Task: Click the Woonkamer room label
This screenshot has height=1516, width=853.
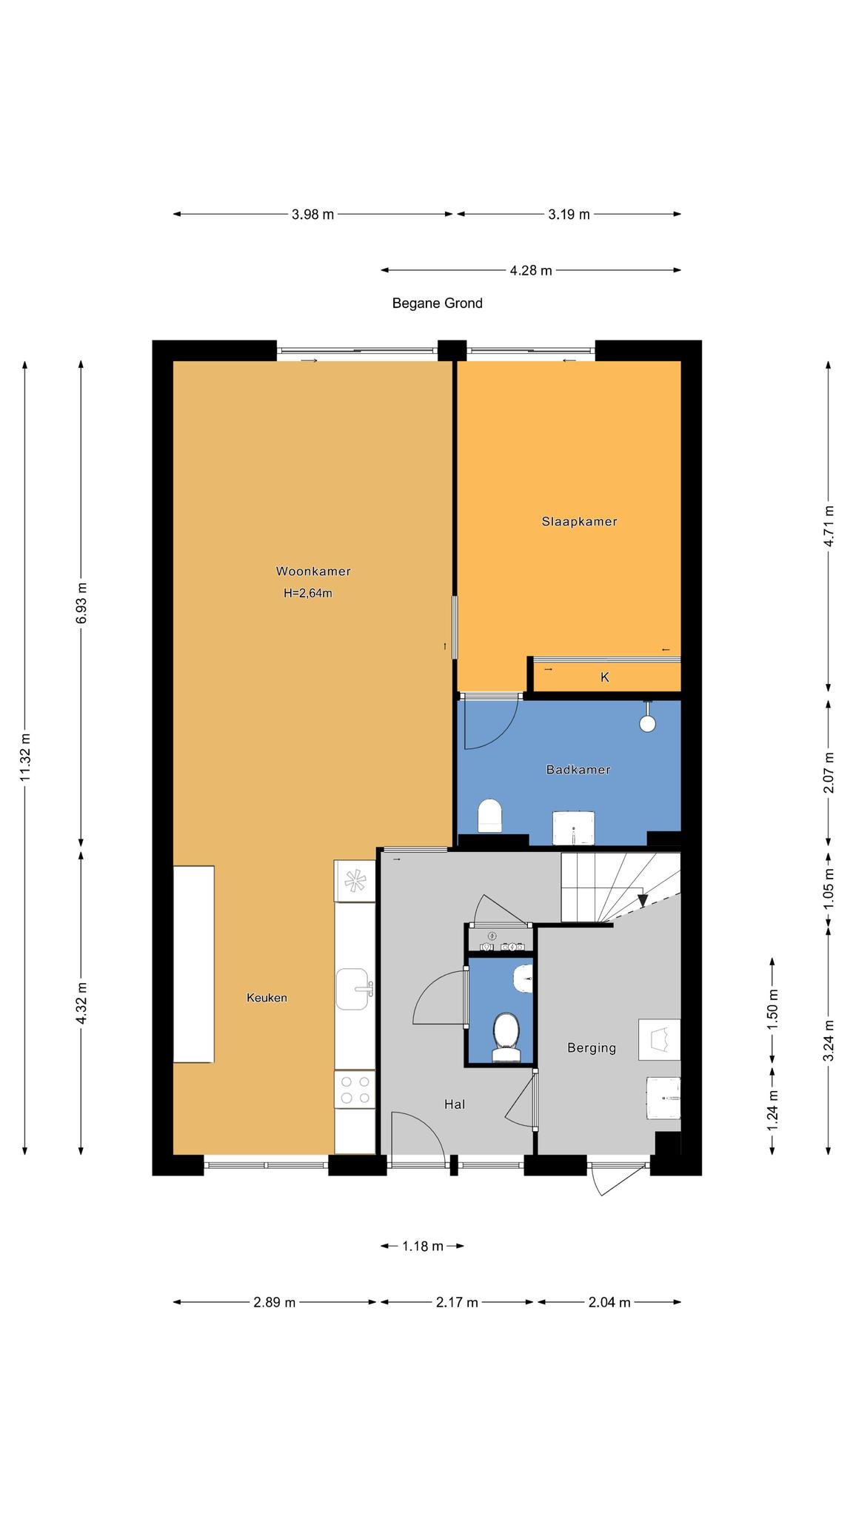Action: pyautogui.click(x=313, y=571)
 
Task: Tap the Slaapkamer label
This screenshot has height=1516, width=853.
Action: pyautogui.click(x=580, y=522)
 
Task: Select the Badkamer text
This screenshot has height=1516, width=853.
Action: pyautogui.click(x=578, y=770)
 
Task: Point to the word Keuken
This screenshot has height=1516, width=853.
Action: pyautogui.click(x=267, y=998)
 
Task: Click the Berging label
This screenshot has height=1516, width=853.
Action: pyautogui.click(x=592, y=1048)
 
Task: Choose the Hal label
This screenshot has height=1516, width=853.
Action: pyautogui.click(x=455, y=1104)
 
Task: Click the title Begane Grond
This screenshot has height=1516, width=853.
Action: pyautogui.click(x=438, y=303)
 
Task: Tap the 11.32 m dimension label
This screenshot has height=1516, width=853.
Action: pyautogui.click(x=25, y=757)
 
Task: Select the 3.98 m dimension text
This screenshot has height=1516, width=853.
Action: pyautogui.click(x=312, y=215)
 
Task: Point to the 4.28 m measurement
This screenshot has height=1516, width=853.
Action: pyautogui.click(x=531, y=271)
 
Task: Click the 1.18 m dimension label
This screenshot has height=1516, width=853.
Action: pyautogui.click(x=423, y=1247)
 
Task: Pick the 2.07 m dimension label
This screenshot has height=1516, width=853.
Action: pyautogui.click(x=829, y=773)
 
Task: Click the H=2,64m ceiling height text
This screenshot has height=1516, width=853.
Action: pyautogui.click(x=308, y=593)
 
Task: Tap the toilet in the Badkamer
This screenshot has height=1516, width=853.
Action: pyautogui.click(x=490, y=815)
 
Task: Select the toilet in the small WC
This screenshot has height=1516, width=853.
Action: pyautogui.click(x=506, y=1031)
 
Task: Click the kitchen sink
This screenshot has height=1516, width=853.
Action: pyautogui.click(x=354, y=989)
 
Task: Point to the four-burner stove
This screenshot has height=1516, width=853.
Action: pyautogui.click(x=354, y=1090)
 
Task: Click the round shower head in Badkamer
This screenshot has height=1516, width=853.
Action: pyautogui.click(x=648, y=723)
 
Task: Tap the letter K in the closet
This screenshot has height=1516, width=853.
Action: pyautogui.click(x=605, y=677)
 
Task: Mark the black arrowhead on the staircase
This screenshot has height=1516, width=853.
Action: pyautogui.click(x=643, y=899)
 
